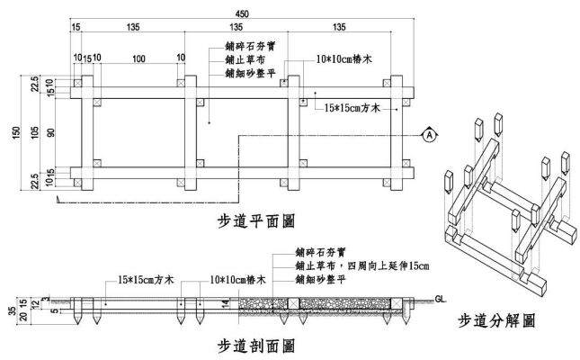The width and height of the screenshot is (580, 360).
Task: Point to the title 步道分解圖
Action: point(497,319)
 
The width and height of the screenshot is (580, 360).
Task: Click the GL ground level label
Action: point(441,297)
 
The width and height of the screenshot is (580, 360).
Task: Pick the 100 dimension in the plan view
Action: point(138,59)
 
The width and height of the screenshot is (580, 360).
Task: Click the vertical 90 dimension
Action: point(51,133)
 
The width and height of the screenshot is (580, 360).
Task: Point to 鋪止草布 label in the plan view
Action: point(244,58)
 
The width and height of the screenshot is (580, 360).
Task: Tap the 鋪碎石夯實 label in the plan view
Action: point(250,43)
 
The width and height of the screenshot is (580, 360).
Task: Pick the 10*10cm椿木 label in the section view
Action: point(237,280)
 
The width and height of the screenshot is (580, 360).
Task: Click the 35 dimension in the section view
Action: point(7,312)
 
